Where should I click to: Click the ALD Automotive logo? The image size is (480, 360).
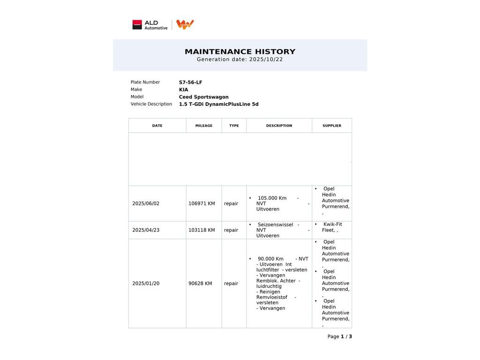tap(150, 25)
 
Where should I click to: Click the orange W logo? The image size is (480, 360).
tap(185, 24)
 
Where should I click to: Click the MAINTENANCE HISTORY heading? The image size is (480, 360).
tap(240, 52)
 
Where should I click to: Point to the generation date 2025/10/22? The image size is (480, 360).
tap(265, 60)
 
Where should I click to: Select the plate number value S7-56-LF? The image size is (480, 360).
tap(190, 82)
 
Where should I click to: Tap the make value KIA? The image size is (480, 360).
tap(183, 90)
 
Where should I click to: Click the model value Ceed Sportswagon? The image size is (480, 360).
tap(203, 97)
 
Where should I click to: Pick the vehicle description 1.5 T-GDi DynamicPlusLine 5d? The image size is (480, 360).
tap(218, 104)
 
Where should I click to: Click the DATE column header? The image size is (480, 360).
tap(157, 126)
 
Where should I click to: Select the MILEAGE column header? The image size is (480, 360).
tap(203, 126)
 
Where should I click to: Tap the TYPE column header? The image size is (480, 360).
tap(234, 126)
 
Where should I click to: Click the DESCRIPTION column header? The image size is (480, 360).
tap(279, 126)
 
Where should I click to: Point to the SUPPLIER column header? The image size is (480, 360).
tap(332, 126)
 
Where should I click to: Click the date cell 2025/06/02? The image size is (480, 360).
tap(146, 203)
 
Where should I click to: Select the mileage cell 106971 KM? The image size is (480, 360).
tap(202, 203)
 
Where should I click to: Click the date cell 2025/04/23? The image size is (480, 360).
tap(146, 230)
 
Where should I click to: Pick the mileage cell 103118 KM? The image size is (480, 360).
tap(202, 230)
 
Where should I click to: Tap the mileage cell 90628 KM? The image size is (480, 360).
tap(200, 284)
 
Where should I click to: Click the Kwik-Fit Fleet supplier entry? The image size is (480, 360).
tap(331, 227)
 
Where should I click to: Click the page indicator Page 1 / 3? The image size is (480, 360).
tap(339, 337)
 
